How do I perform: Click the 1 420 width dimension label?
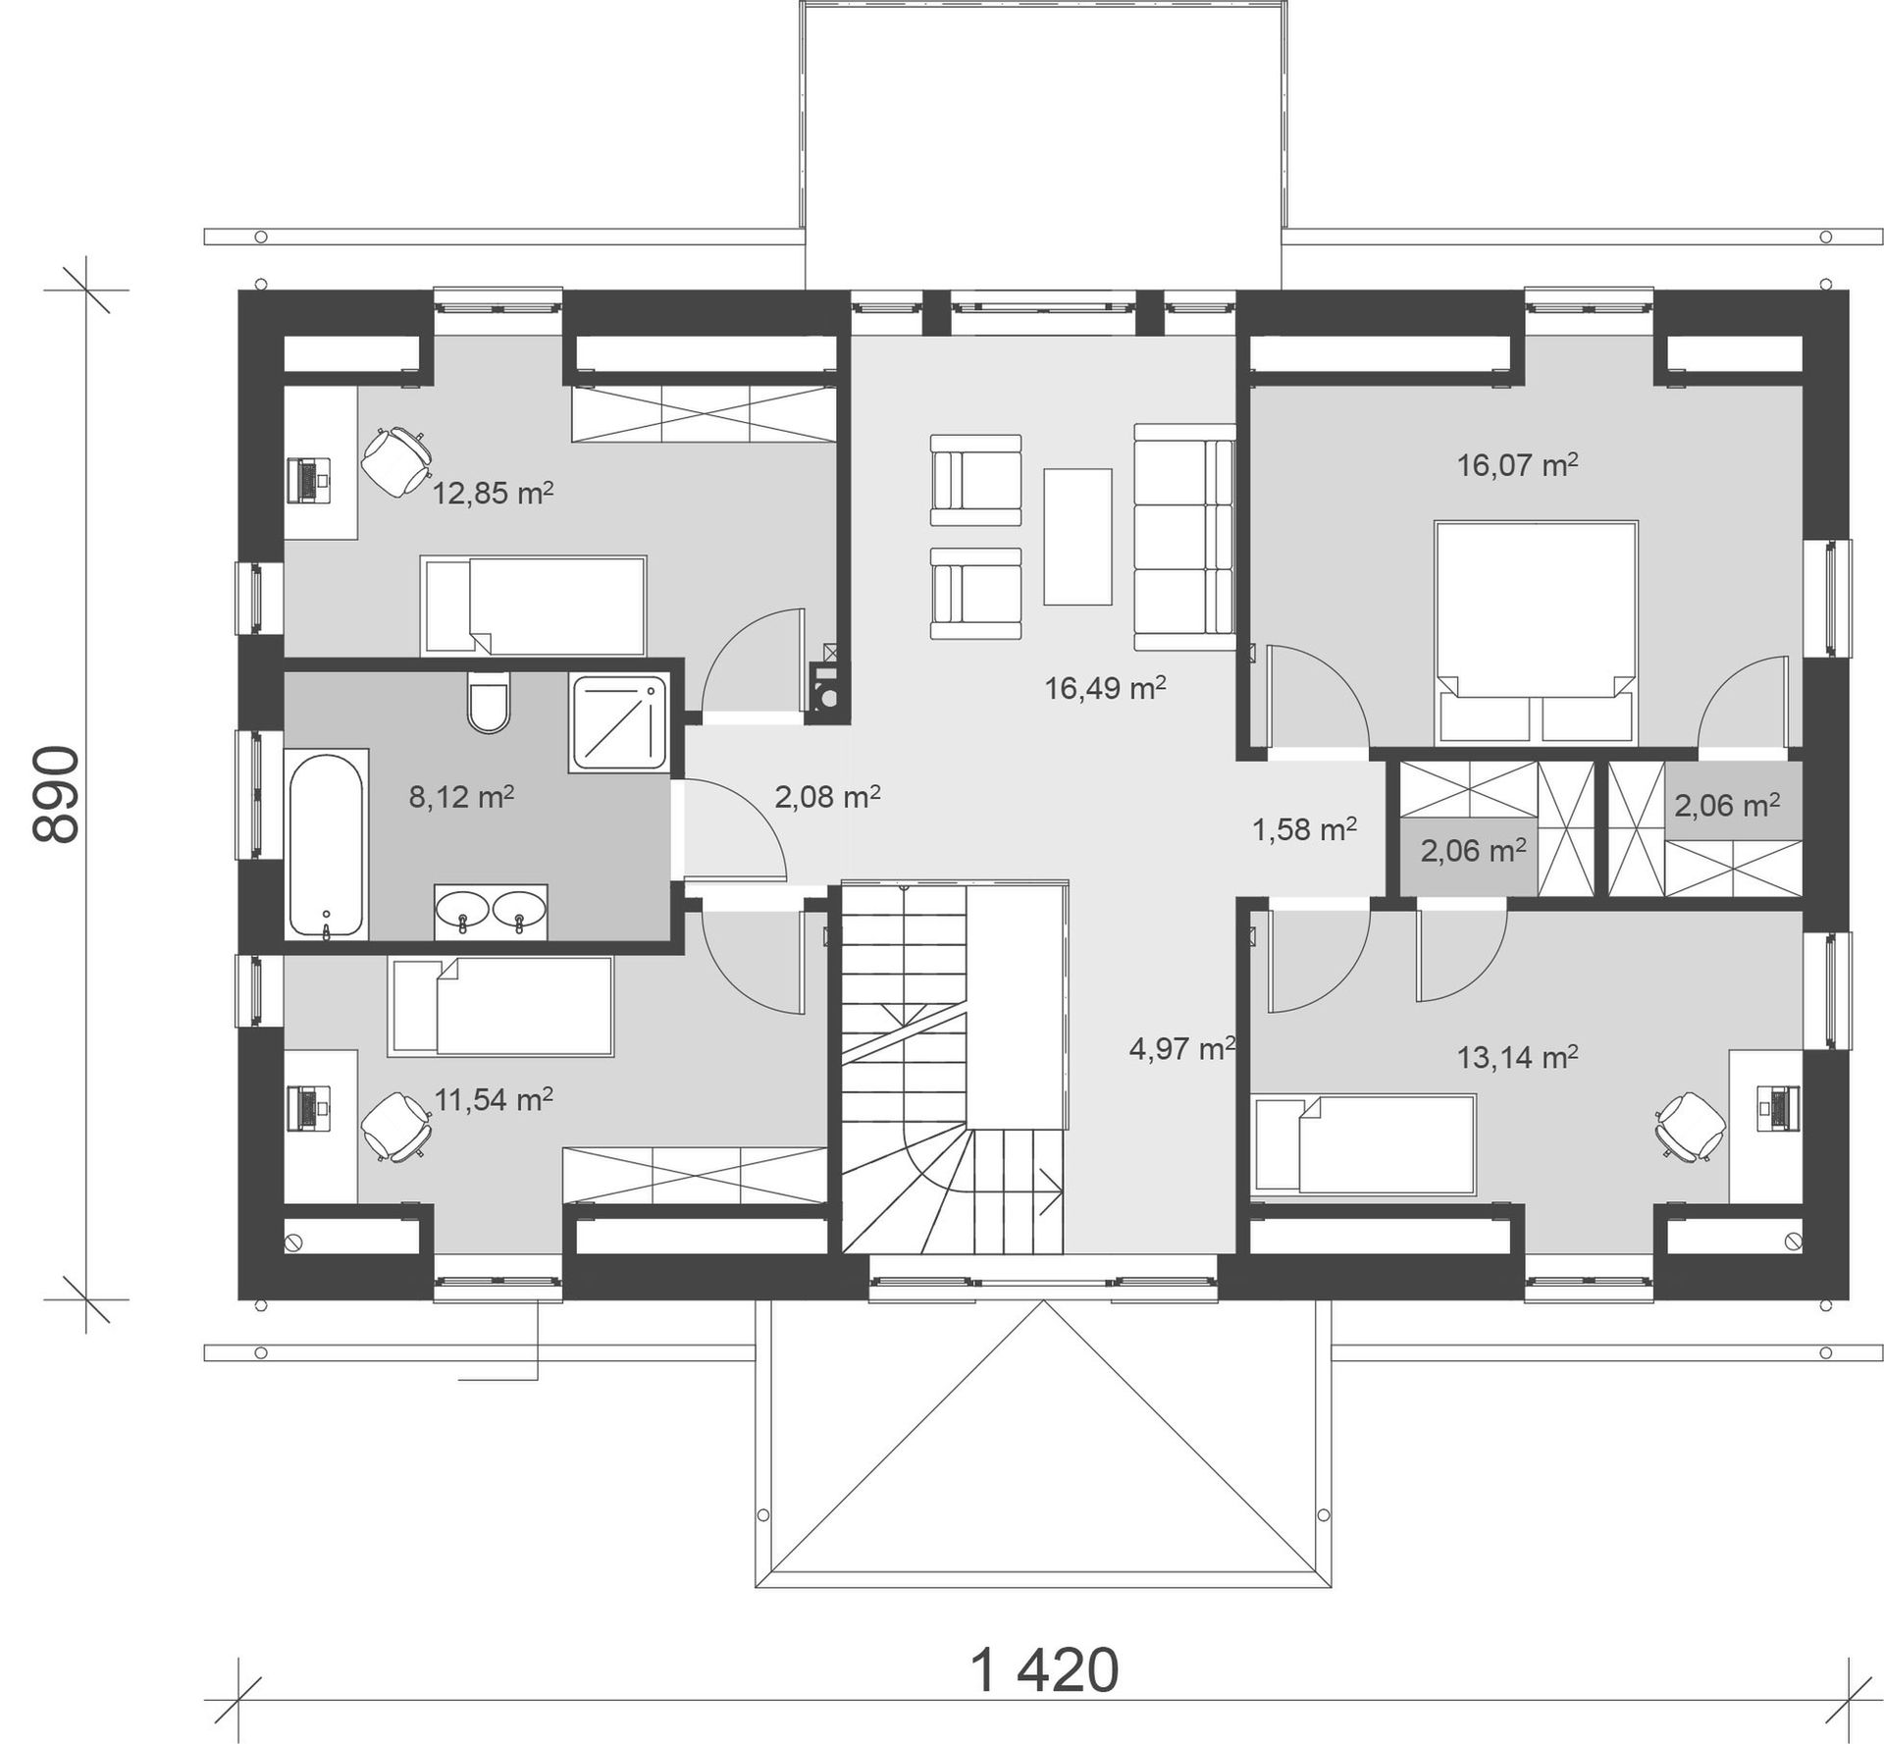pyautogui.click(x=1044, y=1670)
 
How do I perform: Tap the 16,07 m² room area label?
pyautogui.click(x=1517, y=464)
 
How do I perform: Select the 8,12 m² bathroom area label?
pyautogui.click(x=461, y=797)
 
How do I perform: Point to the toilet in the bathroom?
pyautogui.click(x=489, y=703)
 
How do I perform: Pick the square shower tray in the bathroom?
pyautogui.click(x=619, y=723)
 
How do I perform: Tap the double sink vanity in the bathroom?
pyautogui.click(x=491, y=912)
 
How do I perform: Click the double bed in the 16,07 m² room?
pyautogui.click(x=1536, y=632)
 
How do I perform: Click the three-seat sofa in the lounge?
pyautogui.click(x=1184, y=537)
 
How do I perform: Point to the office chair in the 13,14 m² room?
pyautogui.click(x=1691, y=1127)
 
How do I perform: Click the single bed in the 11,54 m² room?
pyautogui.click(x=500, y=1007)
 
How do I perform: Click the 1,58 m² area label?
pyautogui.click(x=1304, y=830)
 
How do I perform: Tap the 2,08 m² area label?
pyautogui.click(x=827, y=797)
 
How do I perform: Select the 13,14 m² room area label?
pyautogui.click(x=1517, y=1057)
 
